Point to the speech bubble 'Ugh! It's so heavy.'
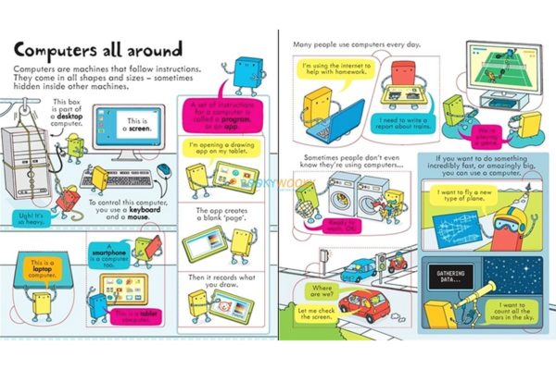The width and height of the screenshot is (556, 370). (x=28, y=218)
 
